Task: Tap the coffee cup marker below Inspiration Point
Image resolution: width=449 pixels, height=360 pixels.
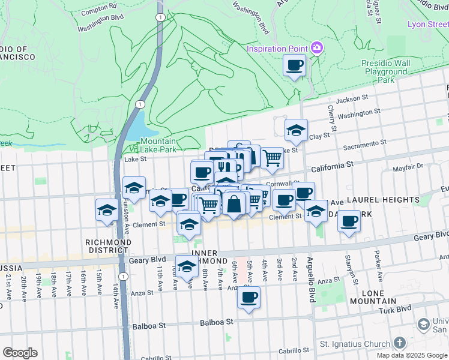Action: (x=294, y=65)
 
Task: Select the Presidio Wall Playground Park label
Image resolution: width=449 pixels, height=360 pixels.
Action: (x=385, y=71)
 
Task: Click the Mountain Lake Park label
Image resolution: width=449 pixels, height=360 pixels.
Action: (x=158, y=145)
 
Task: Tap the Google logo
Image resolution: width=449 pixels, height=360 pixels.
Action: (x=20, y=353)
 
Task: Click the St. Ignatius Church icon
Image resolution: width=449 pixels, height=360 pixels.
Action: (x=400, y=344)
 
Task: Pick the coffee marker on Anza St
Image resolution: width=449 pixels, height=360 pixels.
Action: (x=249, y=298)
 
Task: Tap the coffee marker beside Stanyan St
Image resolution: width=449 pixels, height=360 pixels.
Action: (x=349, y=221)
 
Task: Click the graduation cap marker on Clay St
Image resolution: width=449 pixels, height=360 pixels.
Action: (x=296, y=130)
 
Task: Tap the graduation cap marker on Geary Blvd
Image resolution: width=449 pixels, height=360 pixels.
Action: (x=187, y=265)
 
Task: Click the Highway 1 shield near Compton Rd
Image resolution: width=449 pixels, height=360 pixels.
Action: (x=160, y=17)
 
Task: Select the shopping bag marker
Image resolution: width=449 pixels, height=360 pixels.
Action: (x=235, y=204)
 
